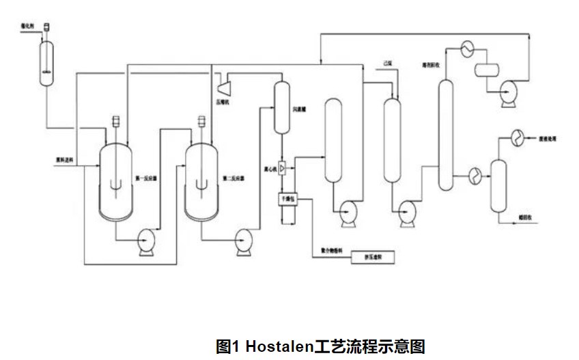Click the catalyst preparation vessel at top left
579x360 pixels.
coord(46,62)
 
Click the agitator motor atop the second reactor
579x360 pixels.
coord(202,121)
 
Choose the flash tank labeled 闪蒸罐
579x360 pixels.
coord(283,107)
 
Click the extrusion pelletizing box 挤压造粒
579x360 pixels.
coord(372,258)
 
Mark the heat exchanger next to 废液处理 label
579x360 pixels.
coord(515,137)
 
